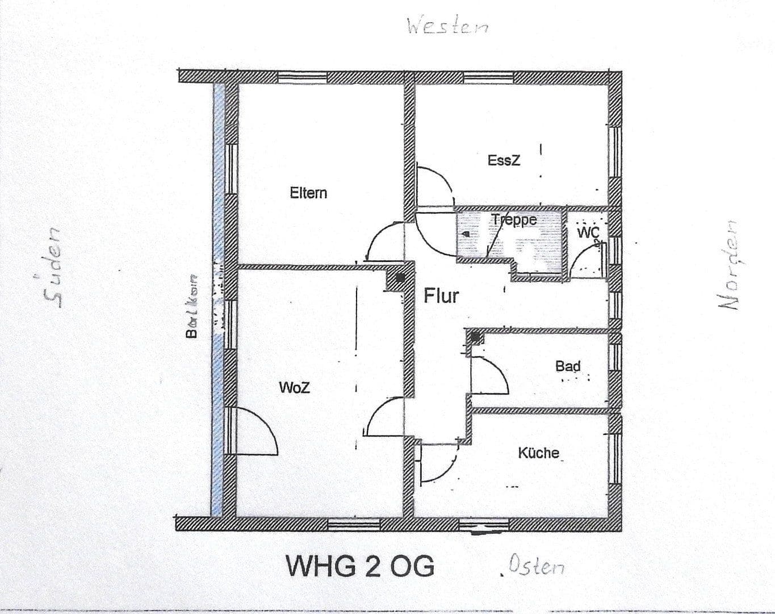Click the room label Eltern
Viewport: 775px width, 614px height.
[308, 193]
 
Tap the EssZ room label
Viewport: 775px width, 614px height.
[504, 160]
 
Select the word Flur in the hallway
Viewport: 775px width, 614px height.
[441, 296]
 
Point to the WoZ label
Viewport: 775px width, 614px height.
[295, 388]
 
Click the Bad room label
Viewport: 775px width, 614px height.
[568, 366]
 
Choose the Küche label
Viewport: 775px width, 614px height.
[538, 453]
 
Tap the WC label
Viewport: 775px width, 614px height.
[587, 233]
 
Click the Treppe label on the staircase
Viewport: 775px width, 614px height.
[514, 220]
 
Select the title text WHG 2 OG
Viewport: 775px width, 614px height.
[360, 566]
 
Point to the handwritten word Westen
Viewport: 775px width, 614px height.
[447, 26]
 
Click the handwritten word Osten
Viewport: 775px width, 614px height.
[536, 566]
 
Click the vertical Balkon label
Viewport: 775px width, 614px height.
[192, 306]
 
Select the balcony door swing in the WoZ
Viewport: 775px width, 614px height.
[255, 431]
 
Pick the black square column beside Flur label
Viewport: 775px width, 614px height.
[401, 278]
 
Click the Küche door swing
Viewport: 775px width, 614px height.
[437, 463]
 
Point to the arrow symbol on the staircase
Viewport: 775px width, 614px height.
[465, 234]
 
